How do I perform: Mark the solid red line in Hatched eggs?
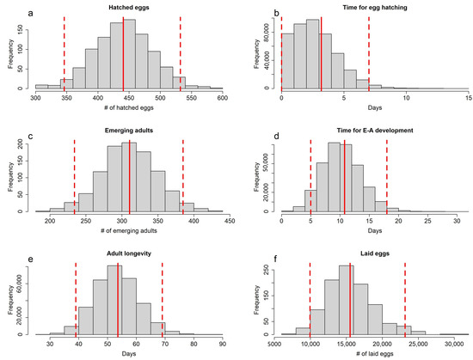tap(123, 52)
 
